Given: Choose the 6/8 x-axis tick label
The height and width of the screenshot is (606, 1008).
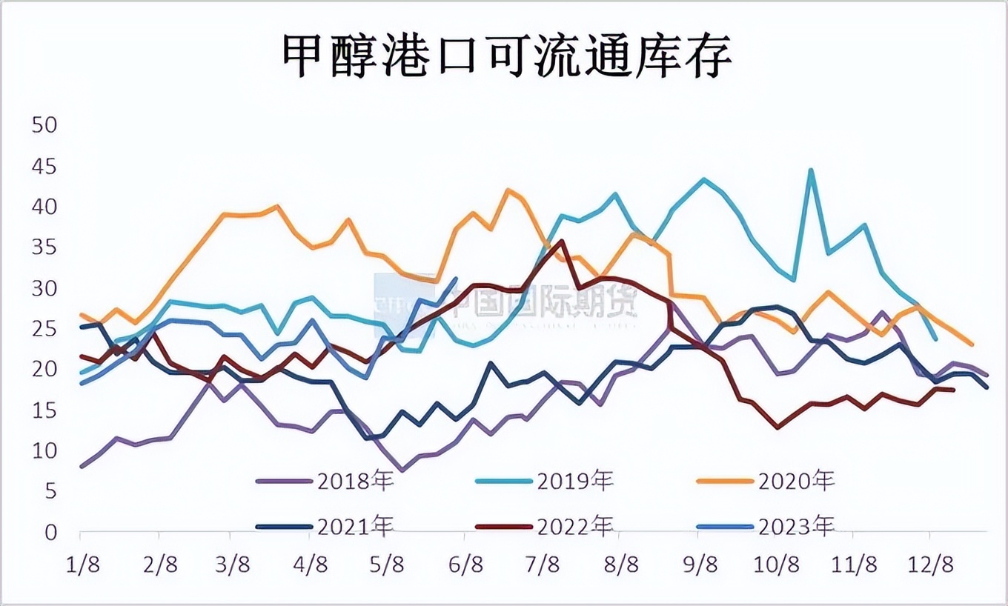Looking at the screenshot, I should [x=466, y=565].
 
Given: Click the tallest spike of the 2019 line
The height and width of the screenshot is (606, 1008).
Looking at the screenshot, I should [x=811, y=170].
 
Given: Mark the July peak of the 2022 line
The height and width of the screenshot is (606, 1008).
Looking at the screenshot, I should [x=561, y=241].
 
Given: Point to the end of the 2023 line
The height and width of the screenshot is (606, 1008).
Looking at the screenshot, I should [x=456, y=279].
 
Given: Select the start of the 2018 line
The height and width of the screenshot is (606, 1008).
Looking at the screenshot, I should [x=81, y=467].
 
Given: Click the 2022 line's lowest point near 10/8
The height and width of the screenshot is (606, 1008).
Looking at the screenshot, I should [x=777, y=427].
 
